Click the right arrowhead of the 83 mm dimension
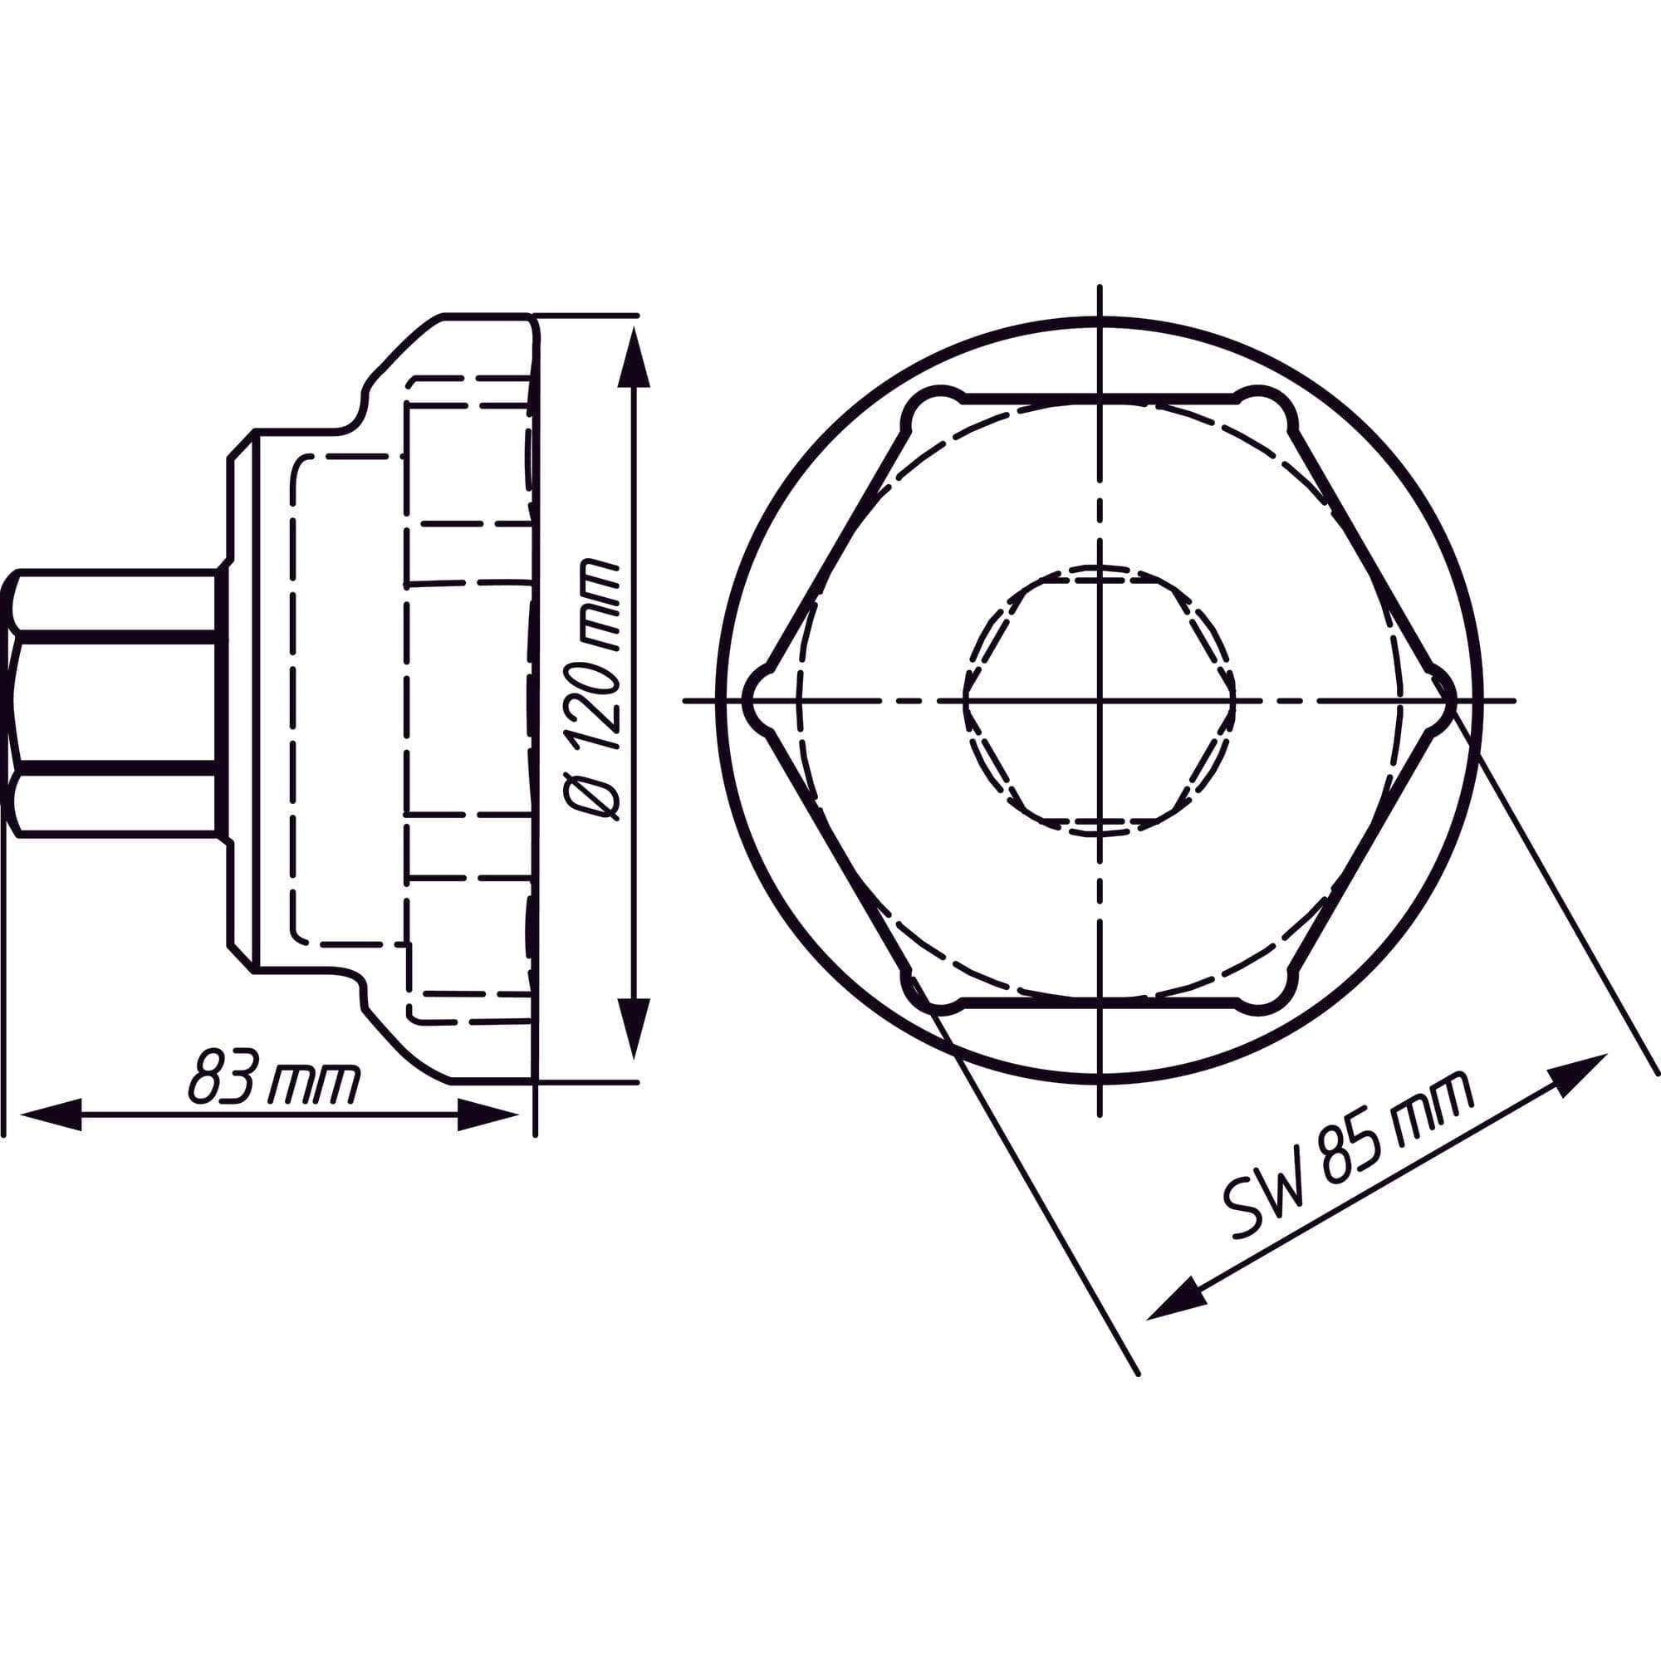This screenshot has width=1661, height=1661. coord(488,1115)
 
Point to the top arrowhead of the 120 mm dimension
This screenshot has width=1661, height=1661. coord(635,358)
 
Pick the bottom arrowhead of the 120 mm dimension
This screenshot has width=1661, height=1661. coord(635,1028)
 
